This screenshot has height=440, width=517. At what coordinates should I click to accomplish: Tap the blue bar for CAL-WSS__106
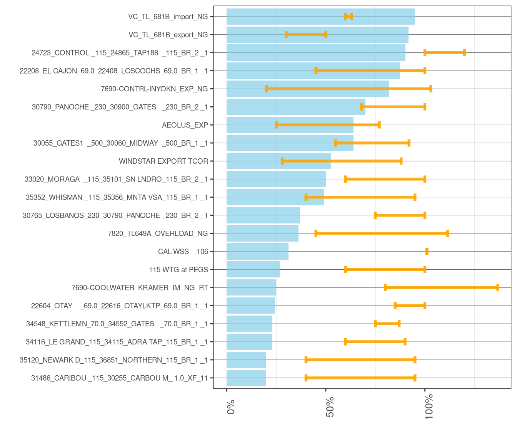[257, 252]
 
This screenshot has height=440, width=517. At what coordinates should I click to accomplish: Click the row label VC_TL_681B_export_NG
[168, 35]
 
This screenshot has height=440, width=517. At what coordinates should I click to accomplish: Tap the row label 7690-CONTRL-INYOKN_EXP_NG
[154, 89]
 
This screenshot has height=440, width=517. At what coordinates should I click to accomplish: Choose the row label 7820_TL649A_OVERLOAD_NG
[158, 233]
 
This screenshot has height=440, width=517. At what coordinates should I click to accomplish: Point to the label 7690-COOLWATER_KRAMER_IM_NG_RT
[140, 288]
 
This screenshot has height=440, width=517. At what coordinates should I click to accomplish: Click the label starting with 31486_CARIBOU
[119, 378]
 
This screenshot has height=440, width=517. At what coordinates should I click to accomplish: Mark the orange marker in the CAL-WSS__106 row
[427, 252]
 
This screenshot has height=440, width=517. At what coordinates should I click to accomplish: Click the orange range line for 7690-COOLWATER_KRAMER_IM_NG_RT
[441, 287]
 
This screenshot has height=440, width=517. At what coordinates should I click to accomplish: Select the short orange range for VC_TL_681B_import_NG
[349, 17]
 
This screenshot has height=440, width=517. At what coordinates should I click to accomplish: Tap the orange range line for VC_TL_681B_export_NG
[306, 35]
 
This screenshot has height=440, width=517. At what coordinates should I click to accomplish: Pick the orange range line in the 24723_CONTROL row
[445, 53]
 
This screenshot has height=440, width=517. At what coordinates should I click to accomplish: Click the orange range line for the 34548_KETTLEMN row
[387, 324]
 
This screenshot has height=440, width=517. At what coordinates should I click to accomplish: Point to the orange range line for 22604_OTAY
[410, 306]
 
